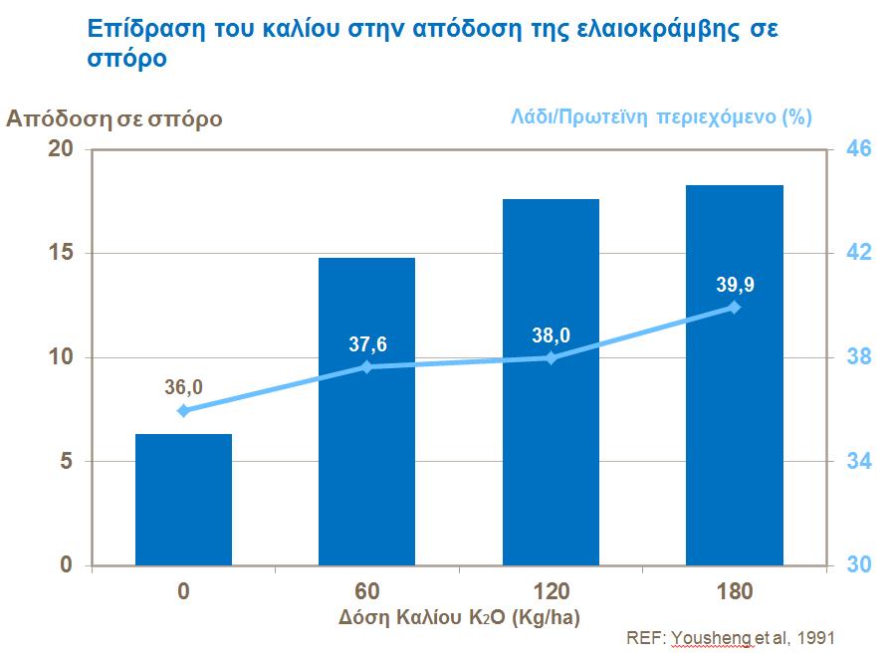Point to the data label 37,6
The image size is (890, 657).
coord(367,344)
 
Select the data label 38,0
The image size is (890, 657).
coord(551,335)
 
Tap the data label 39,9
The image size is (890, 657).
coord(735,286)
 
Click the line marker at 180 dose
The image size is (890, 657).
coord(735,307)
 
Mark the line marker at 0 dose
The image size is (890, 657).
coord(183,410)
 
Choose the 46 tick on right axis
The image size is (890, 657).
coord(859,149)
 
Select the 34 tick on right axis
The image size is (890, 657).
coord(859,462)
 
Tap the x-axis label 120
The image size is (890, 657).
coord(551,591)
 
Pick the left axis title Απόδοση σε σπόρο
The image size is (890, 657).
coord(114,118)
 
